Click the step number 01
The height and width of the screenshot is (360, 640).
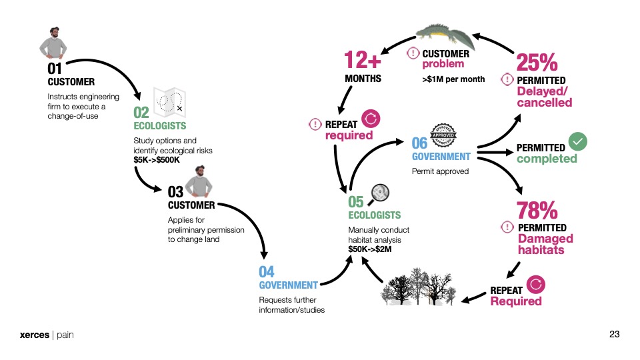55,69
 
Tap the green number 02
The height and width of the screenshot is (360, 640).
141,113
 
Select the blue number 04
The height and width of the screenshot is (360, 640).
267,272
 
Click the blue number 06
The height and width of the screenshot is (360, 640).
419,143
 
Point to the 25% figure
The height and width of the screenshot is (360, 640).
537,63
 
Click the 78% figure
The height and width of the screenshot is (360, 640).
537,211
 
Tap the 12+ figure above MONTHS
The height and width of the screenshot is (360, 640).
363,61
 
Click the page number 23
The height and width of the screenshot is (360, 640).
615,334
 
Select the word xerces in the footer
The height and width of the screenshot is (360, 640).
34,335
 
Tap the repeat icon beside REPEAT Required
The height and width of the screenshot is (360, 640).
536,285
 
